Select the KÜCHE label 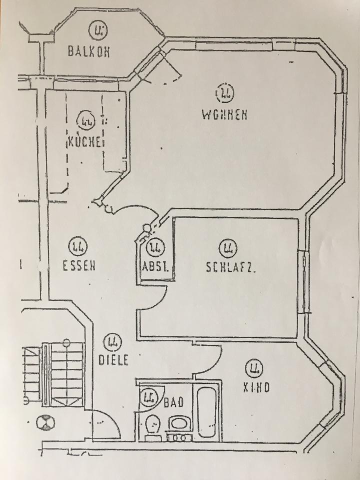click(85, 141)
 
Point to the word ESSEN click(79, 266)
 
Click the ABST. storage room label click(156, 267)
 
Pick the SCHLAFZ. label click(230, 267)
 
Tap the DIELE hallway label click(112, 359)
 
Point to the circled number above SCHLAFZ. click(228, 247)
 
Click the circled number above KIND click(254, 369)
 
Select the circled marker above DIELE click(111, 342)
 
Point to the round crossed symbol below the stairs click(45, 423)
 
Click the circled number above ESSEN click(78, 246)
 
